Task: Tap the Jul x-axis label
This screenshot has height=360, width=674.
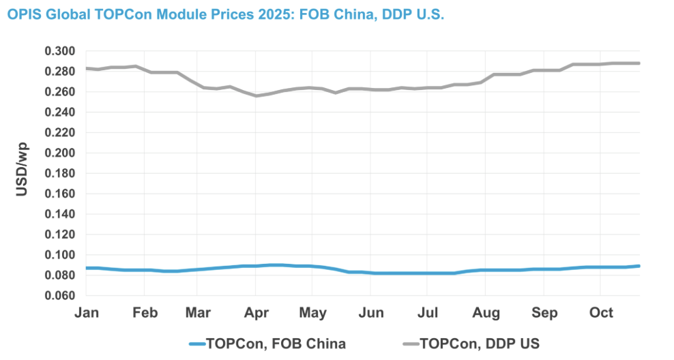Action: pos(427,313)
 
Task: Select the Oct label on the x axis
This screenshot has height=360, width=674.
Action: pos(600,313)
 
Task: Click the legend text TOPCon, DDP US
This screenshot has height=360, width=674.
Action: pos(480,343)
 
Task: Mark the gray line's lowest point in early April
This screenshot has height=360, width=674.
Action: pos(256,95)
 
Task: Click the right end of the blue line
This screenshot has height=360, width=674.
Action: pos(639,266)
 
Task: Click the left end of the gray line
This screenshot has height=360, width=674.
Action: pos(85,68)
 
